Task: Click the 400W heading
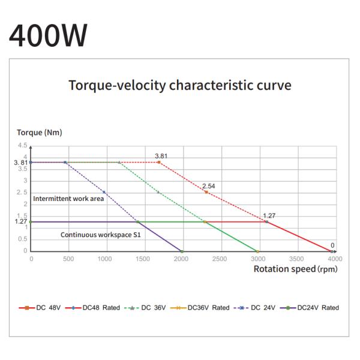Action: [48, 35]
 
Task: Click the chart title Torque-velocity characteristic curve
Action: [180, 85]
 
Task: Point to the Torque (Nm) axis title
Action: [39, 132]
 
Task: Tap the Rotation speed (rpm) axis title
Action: [295, 269]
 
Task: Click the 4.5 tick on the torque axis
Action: [22, 146]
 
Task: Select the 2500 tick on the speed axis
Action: [220, 259]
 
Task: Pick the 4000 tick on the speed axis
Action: [334, 259]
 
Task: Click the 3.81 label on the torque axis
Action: [20, 163]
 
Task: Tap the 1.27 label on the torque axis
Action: [20, 221]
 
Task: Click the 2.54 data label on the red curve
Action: [209, 186]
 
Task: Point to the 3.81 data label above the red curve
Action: [161, 156]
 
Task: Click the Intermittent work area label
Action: [68, 199]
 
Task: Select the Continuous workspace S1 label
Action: [101, 235]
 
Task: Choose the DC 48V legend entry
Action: [41, 308]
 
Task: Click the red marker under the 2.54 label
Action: [206, 192]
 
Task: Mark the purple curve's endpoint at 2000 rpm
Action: [182, 251]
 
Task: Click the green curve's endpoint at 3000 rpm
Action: [257, 251]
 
